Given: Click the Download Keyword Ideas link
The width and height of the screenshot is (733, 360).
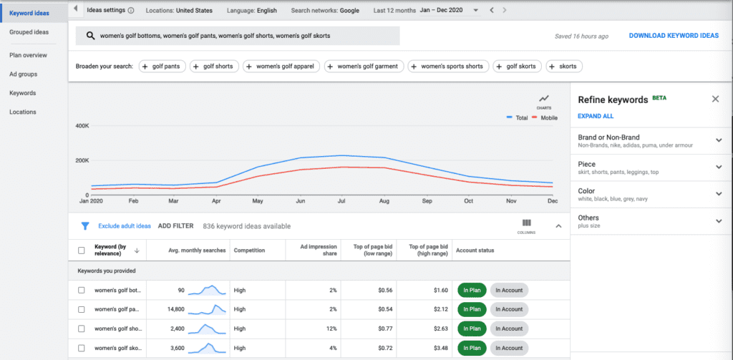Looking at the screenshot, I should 673,36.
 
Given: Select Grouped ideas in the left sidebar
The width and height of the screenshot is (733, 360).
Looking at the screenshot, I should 29,32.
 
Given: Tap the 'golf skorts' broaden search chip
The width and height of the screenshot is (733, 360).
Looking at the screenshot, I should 517,67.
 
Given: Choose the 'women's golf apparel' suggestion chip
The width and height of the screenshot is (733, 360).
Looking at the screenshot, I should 280,67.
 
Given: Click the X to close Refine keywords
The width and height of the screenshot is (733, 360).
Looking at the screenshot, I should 715,99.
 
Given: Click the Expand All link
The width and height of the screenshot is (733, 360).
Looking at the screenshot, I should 596,116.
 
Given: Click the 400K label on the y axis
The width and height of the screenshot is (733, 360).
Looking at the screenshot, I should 82,126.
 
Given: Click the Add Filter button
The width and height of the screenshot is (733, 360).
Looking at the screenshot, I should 175,226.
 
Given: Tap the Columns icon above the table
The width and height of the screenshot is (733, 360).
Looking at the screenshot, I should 527,225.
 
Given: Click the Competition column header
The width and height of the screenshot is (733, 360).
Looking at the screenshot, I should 249,250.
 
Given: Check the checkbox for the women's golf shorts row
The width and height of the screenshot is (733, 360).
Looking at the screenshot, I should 81,329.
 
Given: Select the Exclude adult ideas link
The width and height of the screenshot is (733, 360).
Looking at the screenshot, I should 125,226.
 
